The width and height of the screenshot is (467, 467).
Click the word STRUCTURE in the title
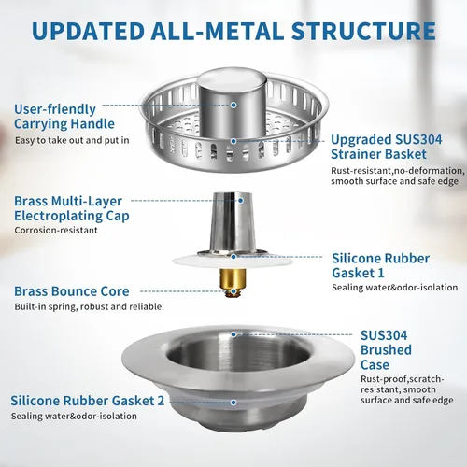pos(363,31)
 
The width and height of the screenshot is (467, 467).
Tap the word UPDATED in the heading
pos(87,31)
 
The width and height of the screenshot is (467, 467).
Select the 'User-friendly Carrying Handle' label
pos(64,117)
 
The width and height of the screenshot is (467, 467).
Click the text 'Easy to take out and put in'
pos(72,140)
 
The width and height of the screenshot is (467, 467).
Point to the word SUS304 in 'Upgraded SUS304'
pos(417,140)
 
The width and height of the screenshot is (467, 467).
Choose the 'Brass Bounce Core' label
pos(72,291)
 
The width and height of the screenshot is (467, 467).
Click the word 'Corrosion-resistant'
pos(56,230)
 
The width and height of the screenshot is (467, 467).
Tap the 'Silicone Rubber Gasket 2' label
pos(87,401)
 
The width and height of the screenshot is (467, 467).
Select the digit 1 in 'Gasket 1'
pos(380,273)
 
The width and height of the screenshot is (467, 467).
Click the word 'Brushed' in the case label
pos(386,350)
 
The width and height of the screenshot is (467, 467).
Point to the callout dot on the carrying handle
pos(233,106)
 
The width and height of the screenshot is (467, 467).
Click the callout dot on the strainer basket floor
pos(233,141)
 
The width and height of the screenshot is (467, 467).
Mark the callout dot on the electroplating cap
pos(240,201)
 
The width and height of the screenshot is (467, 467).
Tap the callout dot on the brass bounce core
pos(233,291)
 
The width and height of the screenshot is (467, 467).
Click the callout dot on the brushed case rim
pos(233,334)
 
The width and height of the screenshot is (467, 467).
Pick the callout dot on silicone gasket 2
pos(233,403)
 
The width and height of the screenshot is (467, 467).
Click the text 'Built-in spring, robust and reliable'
pos(88,306)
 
